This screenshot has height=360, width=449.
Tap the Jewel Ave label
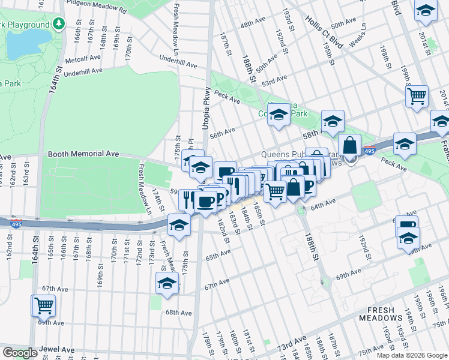click(58, 349)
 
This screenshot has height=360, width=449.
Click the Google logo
click(20, 353)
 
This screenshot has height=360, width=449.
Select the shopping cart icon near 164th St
click(44, 305)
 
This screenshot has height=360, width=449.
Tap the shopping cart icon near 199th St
click(417, 95)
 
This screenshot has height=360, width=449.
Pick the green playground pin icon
click(58, 24)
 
